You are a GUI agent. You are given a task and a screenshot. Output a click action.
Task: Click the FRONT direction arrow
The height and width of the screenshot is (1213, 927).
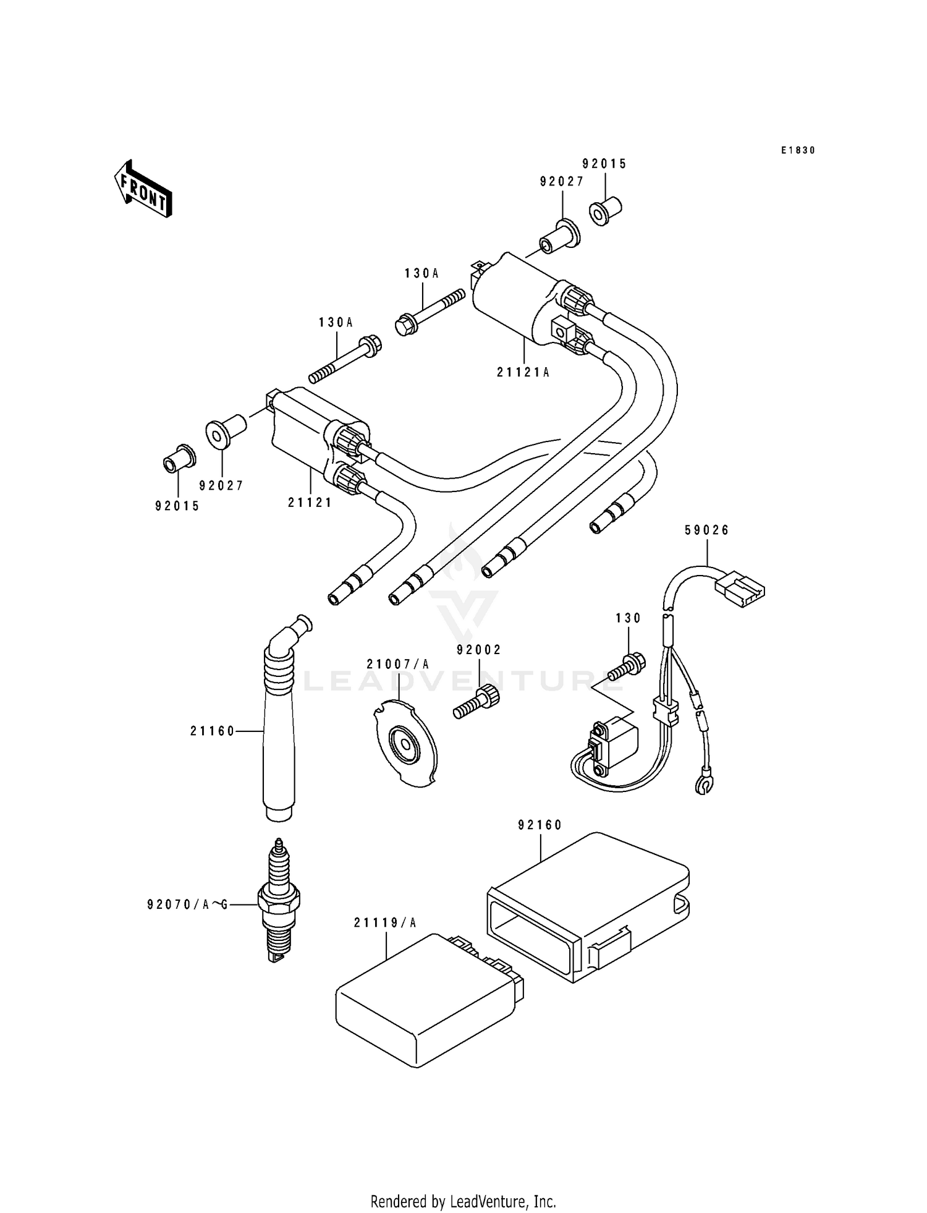[142, 189]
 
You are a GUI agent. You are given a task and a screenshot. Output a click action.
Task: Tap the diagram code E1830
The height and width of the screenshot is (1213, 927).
[797, 150]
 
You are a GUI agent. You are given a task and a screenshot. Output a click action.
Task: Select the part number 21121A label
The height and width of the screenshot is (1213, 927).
[523, 372]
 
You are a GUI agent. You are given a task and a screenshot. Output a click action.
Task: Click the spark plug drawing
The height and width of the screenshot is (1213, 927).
[279, 900]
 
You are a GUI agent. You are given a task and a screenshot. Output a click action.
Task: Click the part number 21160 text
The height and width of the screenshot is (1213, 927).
[213, 731]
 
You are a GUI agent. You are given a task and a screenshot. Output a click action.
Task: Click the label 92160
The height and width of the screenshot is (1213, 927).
[540, 825]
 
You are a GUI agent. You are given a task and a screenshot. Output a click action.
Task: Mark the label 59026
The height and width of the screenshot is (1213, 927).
[707, 530]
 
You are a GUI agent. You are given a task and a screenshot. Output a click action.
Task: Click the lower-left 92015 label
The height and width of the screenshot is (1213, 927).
[177, 506]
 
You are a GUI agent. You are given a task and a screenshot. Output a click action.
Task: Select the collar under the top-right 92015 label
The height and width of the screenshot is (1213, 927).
[604, 211]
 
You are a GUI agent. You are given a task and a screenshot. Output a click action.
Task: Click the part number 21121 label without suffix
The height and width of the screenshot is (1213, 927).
[310, 503]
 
